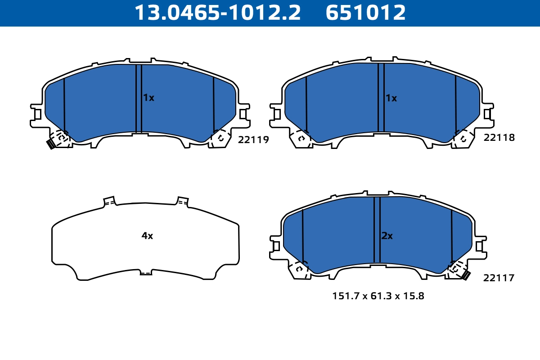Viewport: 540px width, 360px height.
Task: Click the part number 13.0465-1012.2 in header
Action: [x=218, y=13]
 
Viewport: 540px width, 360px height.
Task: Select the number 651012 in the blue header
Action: [x=365, y=13]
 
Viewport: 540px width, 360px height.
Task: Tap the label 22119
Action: [x=253, y=140]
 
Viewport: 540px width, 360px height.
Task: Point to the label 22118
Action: [x=499, y=138]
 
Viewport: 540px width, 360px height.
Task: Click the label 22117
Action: [x=499, y=279]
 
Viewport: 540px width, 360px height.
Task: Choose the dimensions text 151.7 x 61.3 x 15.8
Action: [x=378, y=296]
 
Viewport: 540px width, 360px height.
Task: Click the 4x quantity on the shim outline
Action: [x=147, y=236]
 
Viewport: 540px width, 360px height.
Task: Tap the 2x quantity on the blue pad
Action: [x=387, y=236]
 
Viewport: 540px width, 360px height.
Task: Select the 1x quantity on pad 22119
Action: [x=148, y=98]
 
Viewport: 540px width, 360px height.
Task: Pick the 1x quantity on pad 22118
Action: [x=391, y=98]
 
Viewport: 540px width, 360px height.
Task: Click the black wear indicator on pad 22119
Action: [x=51, y=144]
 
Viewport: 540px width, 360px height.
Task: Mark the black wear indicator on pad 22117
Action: [x=466, y=275]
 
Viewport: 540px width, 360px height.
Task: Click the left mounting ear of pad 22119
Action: [x=36, y=114]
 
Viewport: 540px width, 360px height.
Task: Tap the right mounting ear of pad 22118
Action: [x=489, y=113]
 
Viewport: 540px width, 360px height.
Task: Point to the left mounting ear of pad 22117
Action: [x=275, y=246]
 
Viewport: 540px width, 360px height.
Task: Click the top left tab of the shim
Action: [x=109, y=201]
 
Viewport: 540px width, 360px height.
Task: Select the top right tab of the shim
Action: [x=182, y=201]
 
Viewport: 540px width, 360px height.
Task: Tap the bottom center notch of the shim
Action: [x=146, y=272]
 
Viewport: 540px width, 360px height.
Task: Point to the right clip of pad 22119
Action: [x=220, y=138]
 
